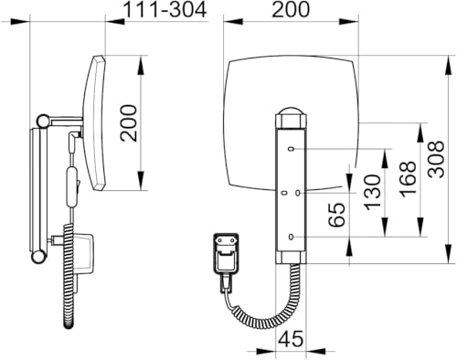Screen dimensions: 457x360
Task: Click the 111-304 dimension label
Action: [165, 10]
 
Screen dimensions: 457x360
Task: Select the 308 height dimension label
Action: [436, 159]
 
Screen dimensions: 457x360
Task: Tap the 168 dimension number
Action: [408, 179]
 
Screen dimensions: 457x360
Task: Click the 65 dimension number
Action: [337, 215]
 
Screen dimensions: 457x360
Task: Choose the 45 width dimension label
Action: [291, 339]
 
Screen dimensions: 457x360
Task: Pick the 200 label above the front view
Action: [291, 9]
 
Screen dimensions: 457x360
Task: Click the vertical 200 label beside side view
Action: [128, 123]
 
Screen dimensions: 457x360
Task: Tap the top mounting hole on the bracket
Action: [291, 149]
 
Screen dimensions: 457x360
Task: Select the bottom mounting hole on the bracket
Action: [291, 237]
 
